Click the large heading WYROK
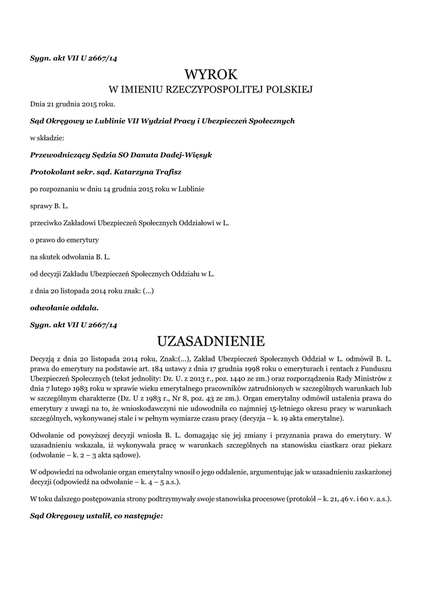[x=211, y=74]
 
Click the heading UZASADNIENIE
[x=211, y=340]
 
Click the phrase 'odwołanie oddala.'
[x=65, y=306]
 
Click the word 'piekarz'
[x=377, y=444]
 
